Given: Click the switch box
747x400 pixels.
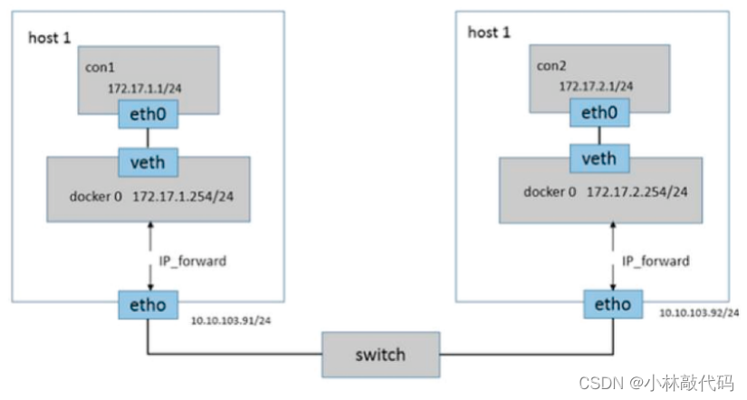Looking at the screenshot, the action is click(x=380, y=355).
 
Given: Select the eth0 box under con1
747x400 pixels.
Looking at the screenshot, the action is click(x=148, y=114).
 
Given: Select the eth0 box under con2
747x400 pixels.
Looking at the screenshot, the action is click(x=599, y=113).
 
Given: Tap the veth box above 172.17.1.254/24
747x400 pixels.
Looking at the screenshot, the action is click(x=148, y=162).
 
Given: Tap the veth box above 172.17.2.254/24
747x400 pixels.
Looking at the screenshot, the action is click(x=599, y=158).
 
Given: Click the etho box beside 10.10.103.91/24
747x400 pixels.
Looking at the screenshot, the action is click(x=148, y=305).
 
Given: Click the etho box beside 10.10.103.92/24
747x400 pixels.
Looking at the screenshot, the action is click(x=613, y=304).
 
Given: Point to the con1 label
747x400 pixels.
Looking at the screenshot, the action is click(x=100, y=67).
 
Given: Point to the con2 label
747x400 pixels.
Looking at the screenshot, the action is click(x=551, y=66).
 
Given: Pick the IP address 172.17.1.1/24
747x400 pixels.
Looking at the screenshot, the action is click(x=145, y=89).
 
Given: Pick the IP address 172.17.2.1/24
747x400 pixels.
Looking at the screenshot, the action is click(x=596, y=86).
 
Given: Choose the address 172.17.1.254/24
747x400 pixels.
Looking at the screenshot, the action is click(x=183, y=196).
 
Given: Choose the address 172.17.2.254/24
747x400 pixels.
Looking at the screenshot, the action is click(x=637, y=192).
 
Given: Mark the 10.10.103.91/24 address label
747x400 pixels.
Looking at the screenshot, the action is click(x=231, y=320).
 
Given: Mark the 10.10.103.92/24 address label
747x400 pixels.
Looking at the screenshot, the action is click(x=699, y=313).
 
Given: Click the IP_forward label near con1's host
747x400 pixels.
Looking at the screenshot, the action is click(x=193, y=262).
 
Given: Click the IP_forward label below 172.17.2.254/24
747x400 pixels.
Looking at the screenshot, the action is click(x=656, y=262).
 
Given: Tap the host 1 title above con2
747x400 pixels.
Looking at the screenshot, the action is click(x=489, y=33).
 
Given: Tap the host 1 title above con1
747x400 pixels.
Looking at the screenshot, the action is click(x=50, y=38).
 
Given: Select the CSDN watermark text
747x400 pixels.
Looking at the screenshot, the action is click(x=656, y=383).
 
